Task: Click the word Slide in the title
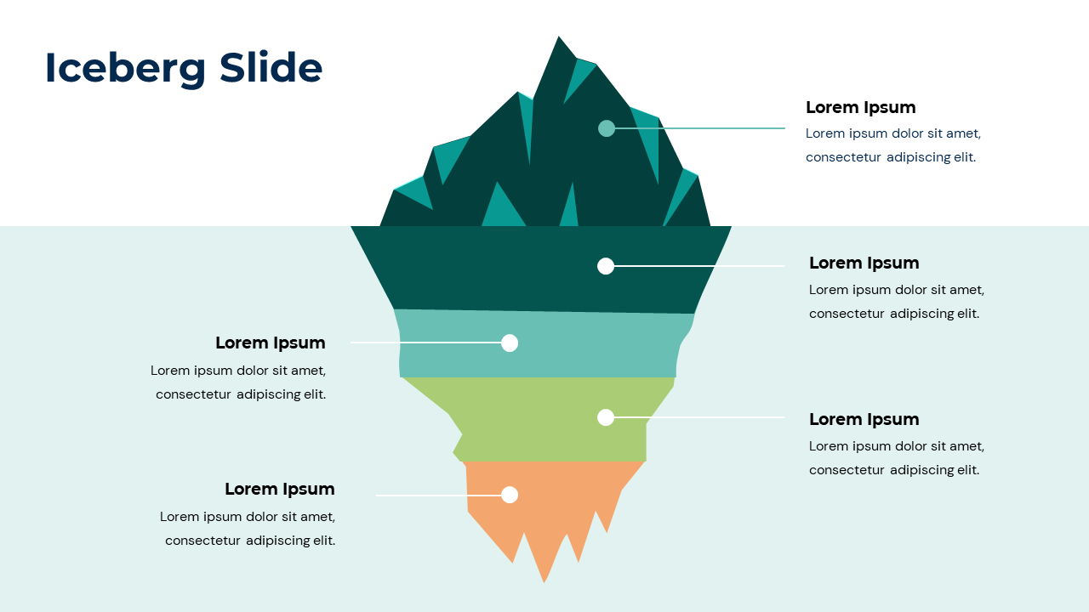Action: point(271,68)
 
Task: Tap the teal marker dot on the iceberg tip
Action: point(607,128)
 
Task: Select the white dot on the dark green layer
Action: point(606,266)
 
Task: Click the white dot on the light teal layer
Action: point(510,343)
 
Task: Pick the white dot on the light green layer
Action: point(606,417)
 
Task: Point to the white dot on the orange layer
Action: point(510,495)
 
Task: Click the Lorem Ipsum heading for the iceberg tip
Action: point(860,107)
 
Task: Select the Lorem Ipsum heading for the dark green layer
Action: point(864,263)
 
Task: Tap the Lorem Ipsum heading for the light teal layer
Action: point(270,343)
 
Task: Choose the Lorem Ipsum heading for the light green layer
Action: point(864,419)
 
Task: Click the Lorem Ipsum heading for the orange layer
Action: point(279,489)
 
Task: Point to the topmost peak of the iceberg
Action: point(559,39)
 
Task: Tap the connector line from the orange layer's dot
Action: point(438,495)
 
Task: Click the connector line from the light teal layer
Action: point(425,343)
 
